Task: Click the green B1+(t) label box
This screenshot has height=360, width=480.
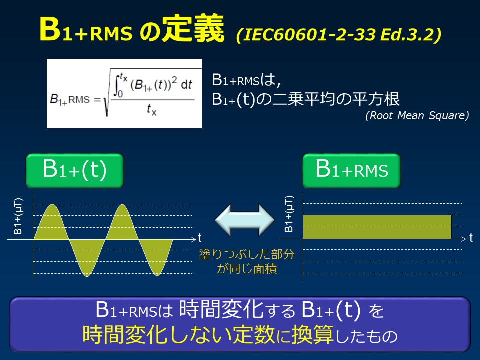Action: click(x=75, y=171)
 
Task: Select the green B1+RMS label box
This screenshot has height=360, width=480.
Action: click(x=352, y=171)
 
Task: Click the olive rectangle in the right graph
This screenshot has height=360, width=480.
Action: click(x=377, y=227)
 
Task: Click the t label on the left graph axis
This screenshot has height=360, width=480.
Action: click(x=199, y=238)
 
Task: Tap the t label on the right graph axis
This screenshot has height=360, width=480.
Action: click(x=471, y=238)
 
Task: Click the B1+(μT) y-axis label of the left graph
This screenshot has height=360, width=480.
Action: click(x=18, y=215)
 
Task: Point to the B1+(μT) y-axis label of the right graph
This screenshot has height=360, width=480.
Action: click(x=289, y=214)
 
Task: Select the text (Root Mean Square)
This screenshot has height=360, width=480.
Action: click(x=417, y=116)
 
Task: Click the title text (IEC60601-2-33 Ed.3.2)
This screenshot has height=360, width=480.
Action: click(x=339, y=36)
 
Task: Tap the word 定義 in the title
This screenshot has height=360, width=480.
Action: click(x=195, y=31)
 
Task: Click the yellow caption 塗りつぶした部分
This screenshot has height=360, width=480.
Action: click(x=247, y=254)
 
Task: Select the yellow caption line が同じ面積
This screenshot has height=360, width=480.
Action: click(x=247, y=268)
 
